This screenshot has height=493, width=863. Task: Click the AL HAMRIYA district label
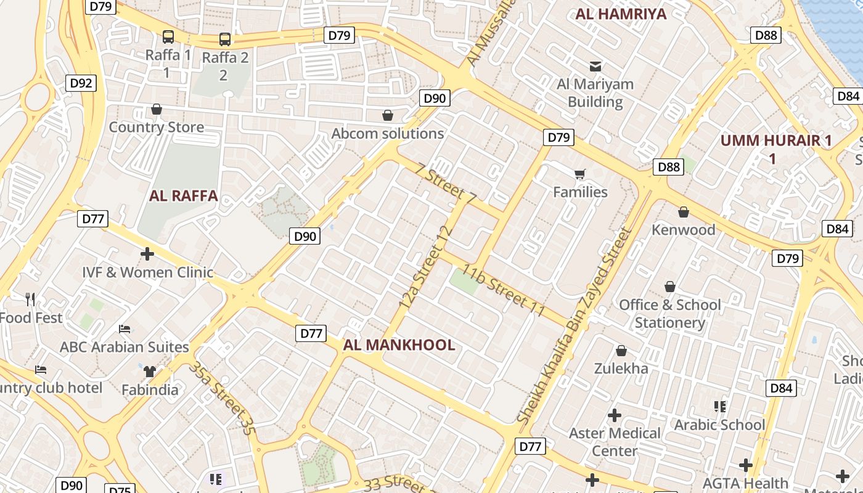point(621,14)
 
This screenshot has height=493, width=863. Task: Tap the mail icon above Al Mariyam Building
point(595,66)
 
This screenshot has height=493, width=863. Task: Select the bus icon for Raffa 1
point(168,37)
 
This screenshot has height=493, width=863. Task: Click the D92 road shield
point(81,83)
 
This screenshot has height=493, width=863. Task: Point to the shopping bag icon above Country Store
point(157,110)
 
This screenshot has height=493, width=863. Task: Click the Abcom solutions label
point(388,134)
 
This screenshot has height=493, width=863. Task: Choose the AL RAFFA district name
point(184,196)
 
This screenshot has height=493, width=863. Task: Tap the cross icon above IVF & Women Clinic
point(147,253)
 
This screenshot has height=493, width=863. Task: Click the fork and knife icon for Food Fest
point(31,299)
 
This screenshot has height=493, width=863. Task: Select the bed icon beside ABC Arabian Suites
point(125,329)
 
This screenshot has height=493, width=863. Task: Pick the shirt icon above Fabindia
point(150,371)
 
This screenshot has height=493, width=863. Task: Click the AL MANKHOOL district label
point(399,345)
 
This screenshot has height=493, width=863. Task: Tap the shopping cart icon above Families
point(579,174)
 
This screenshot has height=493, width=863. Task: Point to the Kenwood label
point(684,230)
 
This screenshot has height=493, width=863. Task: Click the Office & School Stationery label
point(670,314)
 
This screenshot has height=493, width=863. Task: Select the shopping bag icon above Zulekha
point(621,351)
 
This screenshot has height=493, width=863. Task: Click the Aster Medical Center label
point(615,442)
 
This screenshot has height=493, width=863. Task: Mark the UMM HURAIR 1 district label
point(776,149)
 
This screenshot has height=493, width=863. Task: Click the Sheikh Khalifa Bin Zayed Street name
point(575,325)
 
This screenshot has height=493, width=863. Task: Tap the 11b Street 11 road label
point(504,290)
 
